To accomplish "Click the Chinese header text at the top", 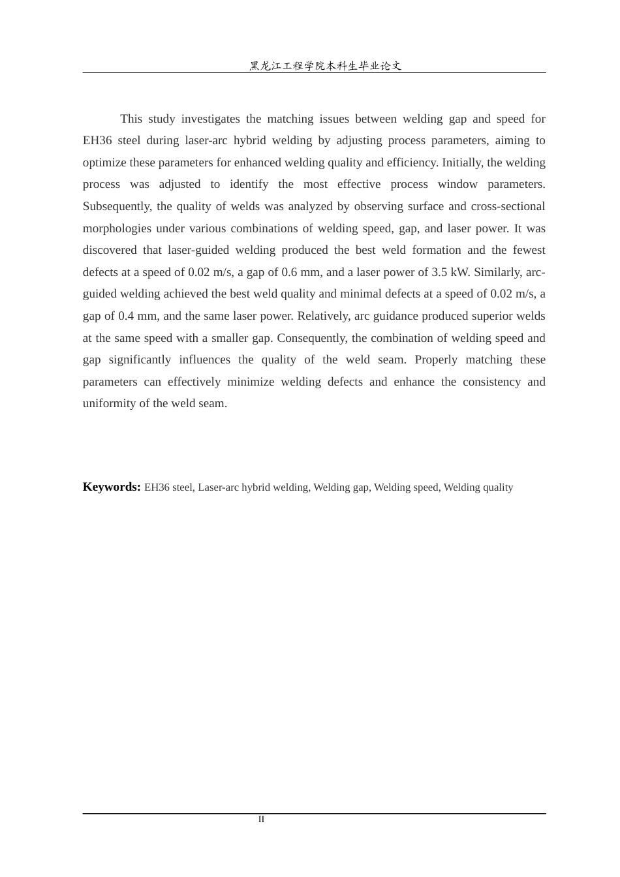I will pos(325,66).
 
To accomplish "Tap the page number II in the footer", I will pos(261,820).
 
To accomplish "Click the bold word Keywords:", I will pos(112,487).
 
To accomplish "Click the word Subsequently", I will pos(117,206).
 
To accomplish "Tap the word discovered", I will pos(110,250).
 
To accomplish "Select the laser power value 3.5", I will pos(439,272).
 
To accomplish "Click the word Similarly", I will pos(501,272).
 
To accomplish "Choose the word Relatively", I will pos(324,316).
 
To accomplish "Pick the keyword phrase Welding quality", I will pos(478,487).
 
